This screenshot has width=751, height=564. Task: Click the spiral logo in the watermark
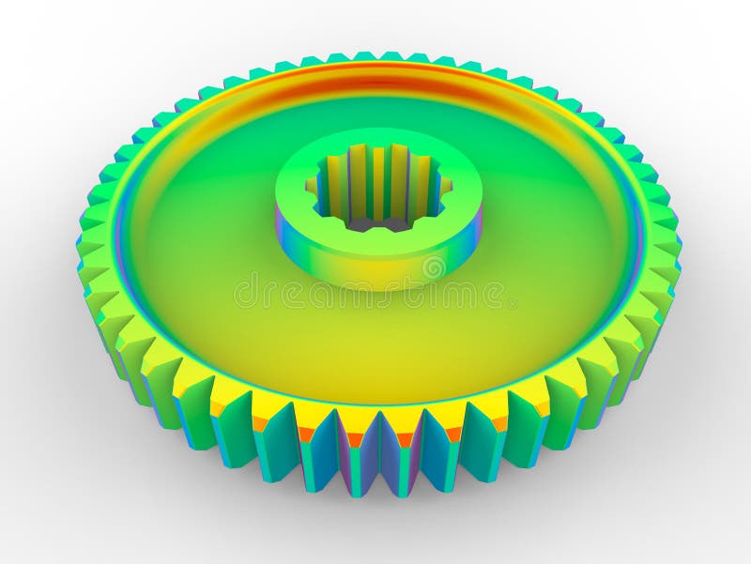click(x=434, y=268)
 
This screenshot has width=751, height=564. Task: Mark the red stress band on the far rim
click(x=375, y=80)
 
